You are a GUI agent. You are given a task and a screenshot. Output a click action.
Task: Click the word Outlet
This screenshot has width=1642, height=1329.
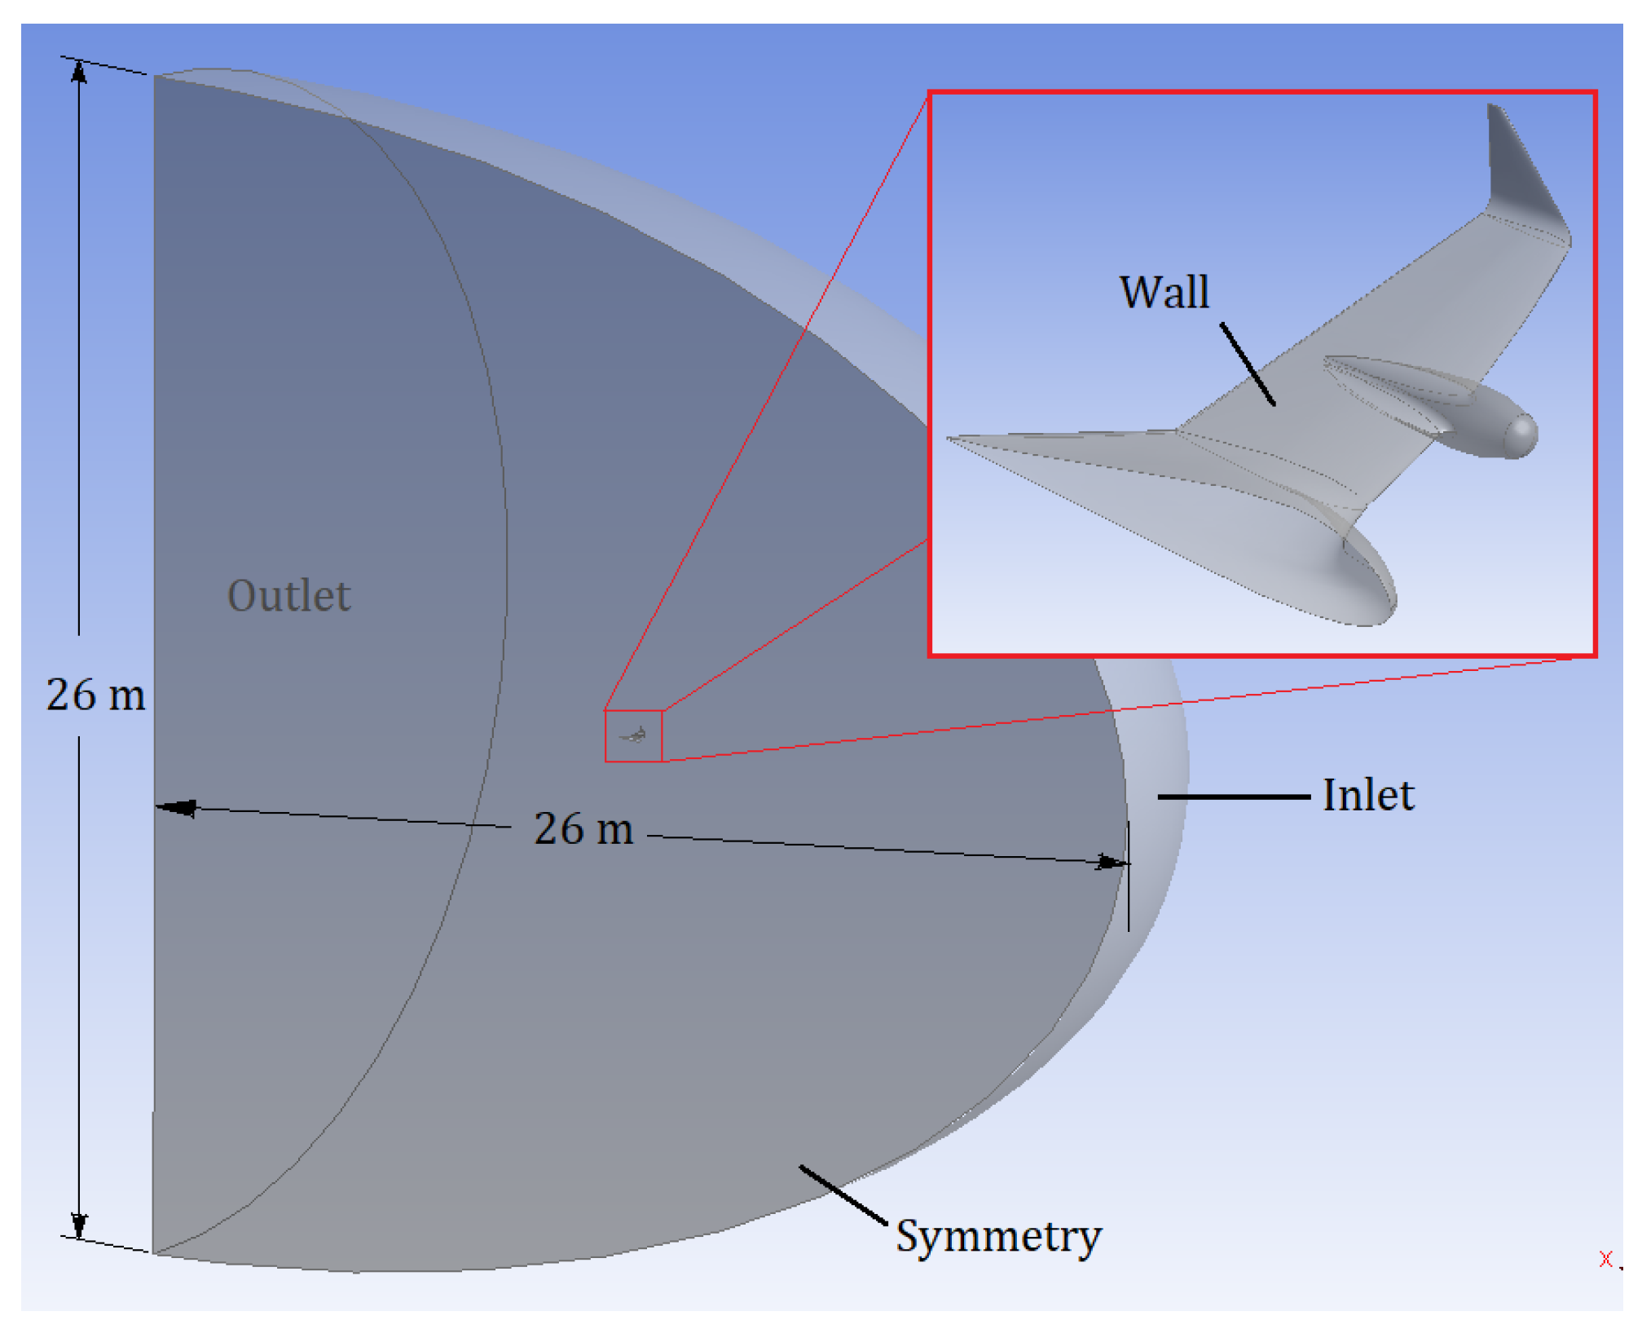[289, 596]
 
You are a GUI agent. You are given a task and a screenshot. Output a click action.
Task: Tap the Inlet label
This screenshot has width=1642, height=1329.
[1368, 796]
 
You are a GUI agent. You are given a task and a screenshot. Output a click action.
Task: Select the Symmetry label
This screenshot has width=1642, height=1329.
[999, 1236]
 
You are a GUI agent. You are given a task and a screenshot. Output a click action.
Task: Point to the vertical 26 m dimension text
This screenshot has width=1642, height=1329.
[96, 695]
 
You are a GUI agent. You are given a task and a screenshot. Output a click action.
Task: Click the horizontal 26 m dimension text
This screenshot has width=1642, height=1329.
[583, 828]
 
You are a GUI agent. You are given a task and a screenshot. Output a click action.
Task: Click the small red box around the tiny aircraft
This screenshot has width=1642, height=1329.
[633, 736]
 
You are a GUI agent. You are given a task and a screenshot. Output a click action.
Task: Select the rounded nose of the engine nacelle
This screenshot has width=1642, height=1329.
[1521, 434]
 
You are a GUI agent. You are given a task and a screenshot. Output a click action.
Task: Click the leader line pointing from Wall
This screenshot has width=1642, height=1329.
[1248, 364]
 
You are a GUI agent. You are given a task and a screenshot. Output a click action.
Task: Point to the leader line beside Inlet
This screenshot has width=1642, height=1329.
[1233, 797]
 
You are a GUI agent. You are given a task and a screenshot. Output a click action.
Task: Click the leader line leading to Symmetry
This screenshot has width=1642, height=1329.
[843, 1194]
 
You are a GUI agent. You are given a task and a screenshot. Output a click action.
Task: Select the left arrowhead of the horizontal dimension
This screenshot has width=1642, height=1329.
[175, 808]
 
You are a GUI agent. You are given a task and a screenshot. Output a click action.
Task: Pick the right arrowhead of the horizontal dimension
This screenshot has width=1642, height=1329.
[1111, 862]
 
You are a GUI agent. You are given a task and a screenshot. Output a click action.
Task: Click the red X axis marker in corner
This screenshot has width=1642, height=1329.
[1605, 1259]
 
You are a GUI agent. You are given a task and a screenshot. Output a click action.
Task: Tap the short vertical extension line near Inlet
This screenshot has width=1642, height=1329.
[1129, 876]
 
